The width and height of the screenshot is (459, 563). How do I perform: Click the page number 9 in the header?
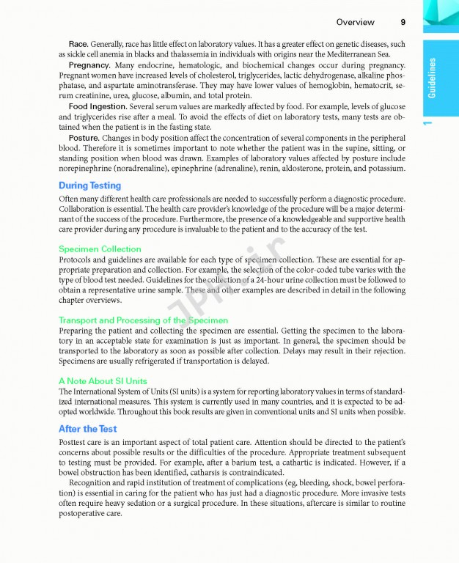click(403, 22)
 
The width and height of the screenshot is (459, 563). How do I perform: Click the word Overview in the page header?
click(356, 22)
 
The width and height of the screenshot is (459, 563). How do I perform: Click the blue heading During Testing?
click(89, 185)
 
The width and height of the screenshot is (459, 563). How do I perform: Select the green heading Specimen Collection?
click(100, 249)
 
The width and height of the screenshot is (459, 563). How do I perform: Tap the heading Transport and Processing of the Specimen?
click(143, 320)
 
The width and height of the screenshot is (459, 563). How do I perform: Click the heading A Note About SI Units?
click(103, 381)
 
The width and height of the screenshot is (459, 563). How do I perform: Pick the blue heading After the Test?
click(87, 429)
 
